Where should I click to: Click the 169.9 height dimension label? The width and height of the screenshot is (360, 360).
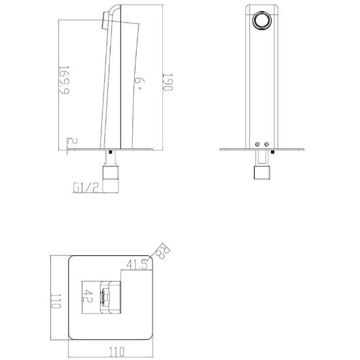coord(64,80)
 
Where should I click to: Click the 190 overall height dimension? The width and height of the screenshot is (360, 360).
coord(168,82)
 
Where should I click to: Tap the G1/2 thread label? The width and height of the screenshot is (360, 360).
coord(86,188)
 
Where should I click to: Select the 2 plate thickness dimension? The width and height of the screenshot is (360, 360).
coord(73,141)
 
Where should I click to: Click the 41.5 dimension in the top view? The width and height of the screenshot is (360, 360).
coord(137,264)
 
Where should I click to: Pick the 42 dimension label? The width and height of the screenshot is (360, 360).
coord(88,296)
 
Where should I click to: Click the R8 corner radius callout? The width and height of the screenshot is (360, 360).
coord(163,251)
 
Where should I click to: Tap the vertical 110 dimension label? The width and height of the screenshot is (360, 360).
coord(56,301)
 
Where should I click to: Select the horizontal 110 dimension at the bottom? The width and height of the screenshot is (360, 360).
coord(117,351)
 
